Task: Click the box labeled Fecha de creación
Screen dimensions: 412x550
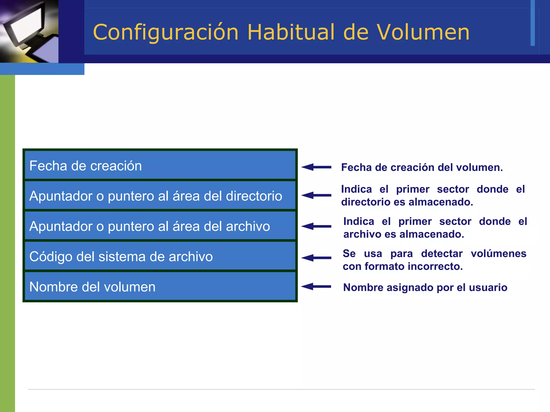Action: tap(160, 165)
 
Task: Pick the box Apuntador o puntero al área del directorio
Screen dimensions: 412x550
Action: tap(160, 196)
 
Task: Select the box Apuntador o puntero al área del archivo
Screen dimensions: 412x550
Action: tap(160, 226)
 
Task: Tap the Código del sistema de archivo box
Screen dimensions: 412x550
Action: tap(160, 256)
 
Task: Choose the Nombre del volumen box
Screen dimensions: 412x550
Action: tap(160, 287)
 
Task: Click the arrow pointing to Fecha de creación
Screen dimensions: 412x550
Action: tap(316, 167)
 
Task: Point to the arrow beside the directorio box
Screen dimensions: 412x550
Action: tap(316, 195)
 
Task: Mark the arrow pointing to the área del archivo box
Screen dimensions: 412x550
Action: tap(316, 226)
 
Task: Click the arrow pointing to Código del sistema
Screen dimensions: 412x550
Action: tap(316, 258)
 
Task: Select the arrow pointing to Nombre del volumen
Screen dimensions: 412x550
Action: tap(316, 286)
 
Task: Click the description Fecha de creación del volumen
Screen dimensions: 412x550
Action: tap(422, 167)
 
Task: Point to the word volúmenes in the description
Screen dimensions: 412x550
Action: tap(498, 253)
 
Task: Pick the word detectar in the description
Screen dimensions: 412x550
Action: tap(442, 253)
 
